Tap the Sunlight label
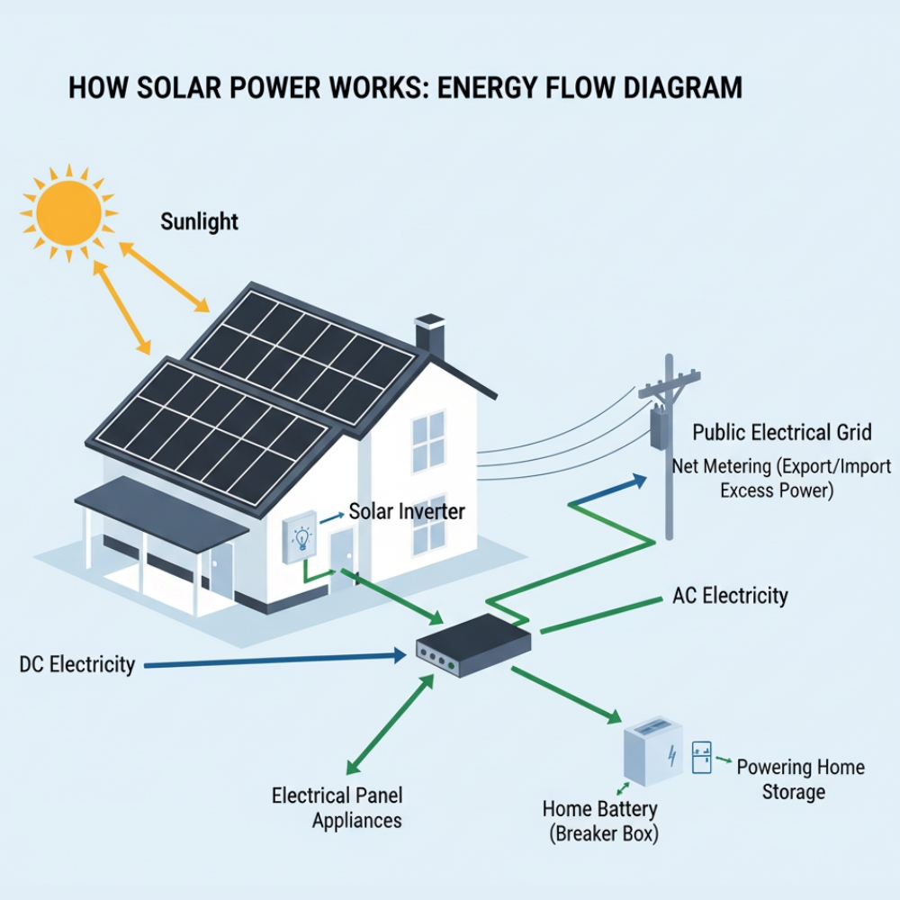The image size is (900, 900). pyautogui.click(x=199, y=221)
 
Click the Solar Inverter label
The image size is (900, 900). pyautogui.click(x=407, y=512)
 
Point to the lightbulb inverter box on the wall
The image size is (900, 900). pyautogui.click(x=300, y=537)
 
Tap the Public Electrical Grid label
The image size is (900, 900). pyautogui.click(x=781, y=433)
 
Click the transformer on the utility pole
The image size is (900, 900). pyautogui.click(x=660, y=428)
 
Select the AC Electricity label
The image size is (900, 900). pyautogui.click(x=730, y=596)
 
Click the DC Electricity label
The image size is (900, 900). pyautogui.click(x=76, y=665)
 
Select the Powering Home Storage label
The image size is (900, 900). pyautogui.click(x=800, y=779)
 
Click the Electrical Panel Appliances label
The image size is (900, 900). pyautogui.click(x=337, y=807)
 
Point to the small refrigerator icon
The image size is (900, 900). pyautogui.click(x=701, y=758)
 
